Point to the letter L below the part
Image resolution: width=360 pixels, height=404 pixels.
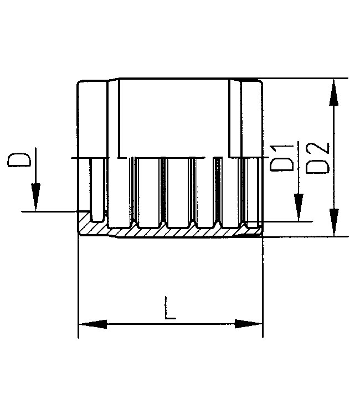point(170,308)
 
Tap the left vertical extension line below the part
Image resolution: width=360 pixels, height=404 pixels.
point(78,288)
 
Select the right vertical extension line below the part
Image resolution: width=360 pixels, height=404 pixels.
point(263,288)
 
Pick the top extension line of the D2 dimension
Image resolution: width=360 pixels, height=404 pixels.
point(305,79)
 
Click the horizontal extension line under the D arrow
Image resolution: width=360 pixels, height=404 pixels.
point(50,211)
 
